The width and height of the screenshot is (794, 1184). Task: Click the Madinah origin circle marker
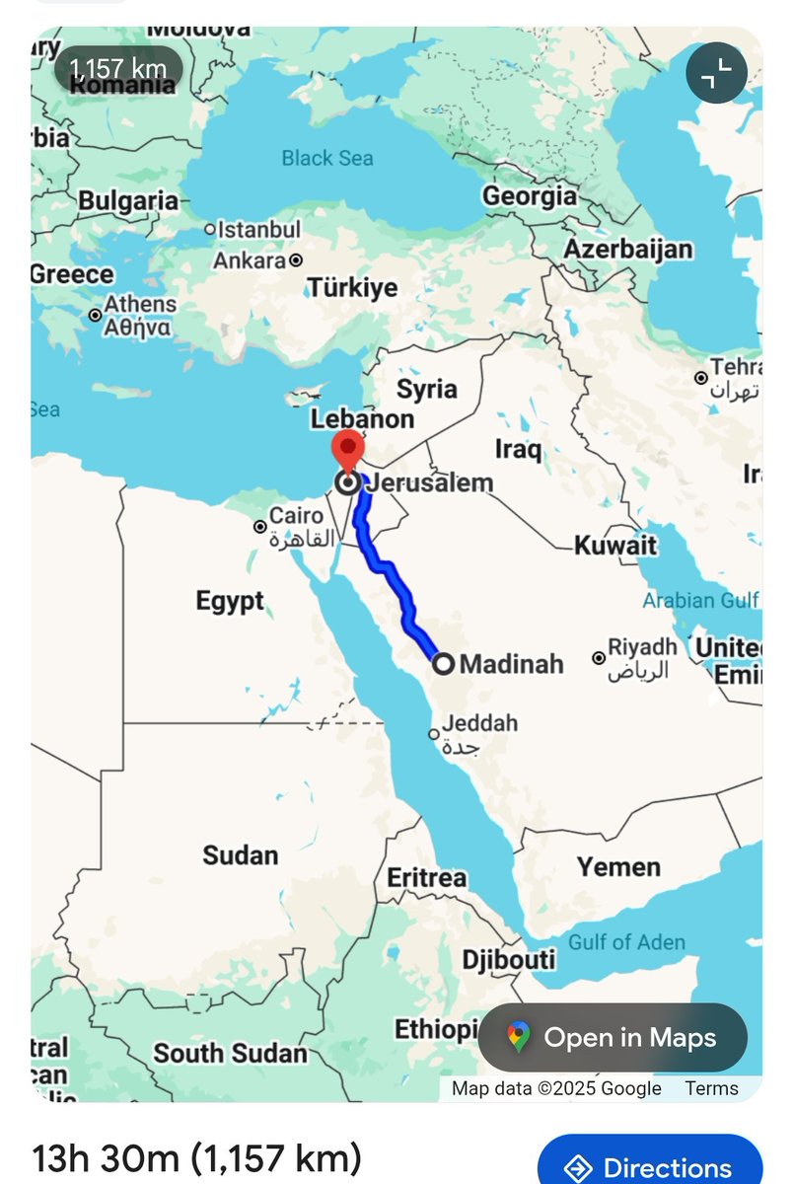(x=444, y=664)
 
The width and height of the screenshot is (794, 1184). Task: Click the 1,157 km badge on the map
(x=118, y=70)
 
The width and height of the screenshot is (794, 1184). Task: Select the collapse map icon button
(x=717, y=73)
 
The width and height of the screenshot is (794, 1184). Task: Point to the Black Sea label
(x=327, y=158)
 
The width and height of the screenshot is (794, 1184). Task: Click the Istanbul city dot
(x=209, y=229)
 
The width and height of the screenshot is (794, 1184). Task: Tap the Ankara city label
(x=250, y=261)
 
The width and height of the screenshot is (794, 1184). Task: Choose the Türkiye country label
(x=352, y=288)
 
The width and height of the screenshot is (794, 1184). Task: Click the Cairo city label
(x=296, y=515)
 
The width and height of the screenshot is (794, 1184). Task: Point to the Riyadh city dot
(x=599, y=658)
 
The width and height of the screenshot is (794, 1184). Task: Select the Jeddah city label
(x=480, y=723)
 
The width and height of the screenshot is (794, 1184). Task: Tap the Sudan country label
(x=241, y=855)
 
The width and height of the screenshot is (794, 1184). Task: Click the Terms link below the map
(x=712, y=1088)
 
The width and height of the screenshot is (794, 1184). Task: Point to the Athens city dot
(x=95, y=315)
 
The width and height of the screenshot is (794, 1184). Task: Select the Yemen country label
(x=618, y=867)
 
